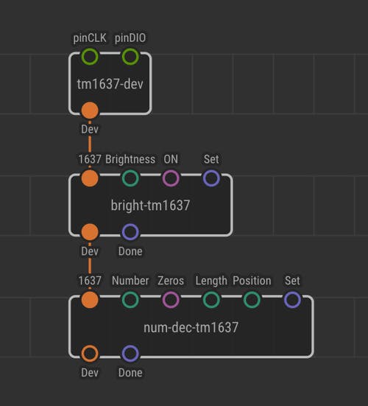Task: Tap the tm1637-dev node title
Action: click(110, 84)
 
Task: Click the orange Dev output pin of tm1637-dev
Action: click(90, 111)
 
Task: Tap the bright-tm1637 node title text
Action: click(150, 206)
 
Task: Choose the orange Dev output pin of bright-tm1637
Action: click(90, 232)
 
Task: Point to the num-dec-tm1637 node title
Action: click(191, 328)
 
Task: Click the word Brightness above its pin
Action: click(130, 159)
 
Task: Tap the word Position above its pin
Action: click(252, 281)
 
